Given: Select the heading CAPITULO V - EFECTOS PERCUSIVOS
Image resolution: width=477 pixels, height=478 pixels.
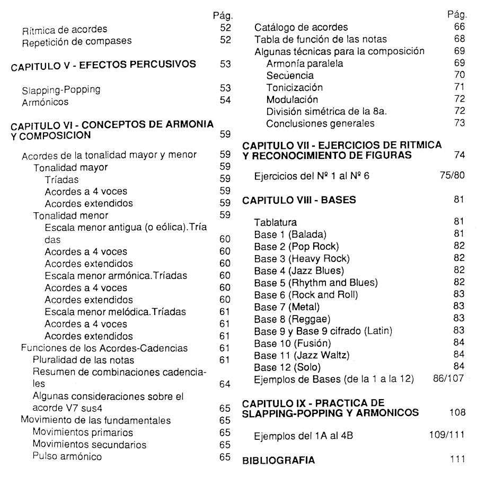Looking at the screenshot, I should [x=104, y=65].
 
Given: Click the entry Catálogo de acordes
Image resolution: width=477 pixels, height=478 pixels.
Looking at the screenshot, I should [x=301, y=28].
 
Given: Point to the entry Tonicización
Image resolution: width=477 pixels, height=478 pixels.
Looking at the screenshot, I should [x=294, y=87].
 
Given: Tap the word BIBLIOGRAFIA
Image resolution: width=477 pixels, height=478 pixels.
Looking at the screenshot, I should [x=278, y=460].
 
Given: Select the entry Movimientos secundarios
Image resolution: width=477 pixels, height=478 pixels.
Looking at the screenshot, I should [x=89, y=444].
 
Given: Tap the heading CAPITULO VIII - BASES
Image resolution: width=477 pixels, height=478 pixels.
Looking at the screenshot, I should [x=299, y=201].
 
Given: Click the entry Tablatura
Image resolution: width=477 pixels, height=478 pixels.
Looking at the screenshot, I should [x=275, y=222].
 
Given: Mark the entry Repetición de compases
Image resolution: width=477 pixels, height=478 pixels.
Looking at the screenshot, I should [x=76, y=40].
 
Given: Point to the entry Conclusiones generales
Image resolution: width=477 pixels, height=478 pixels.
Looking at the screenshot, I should [x=320, y=123].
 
